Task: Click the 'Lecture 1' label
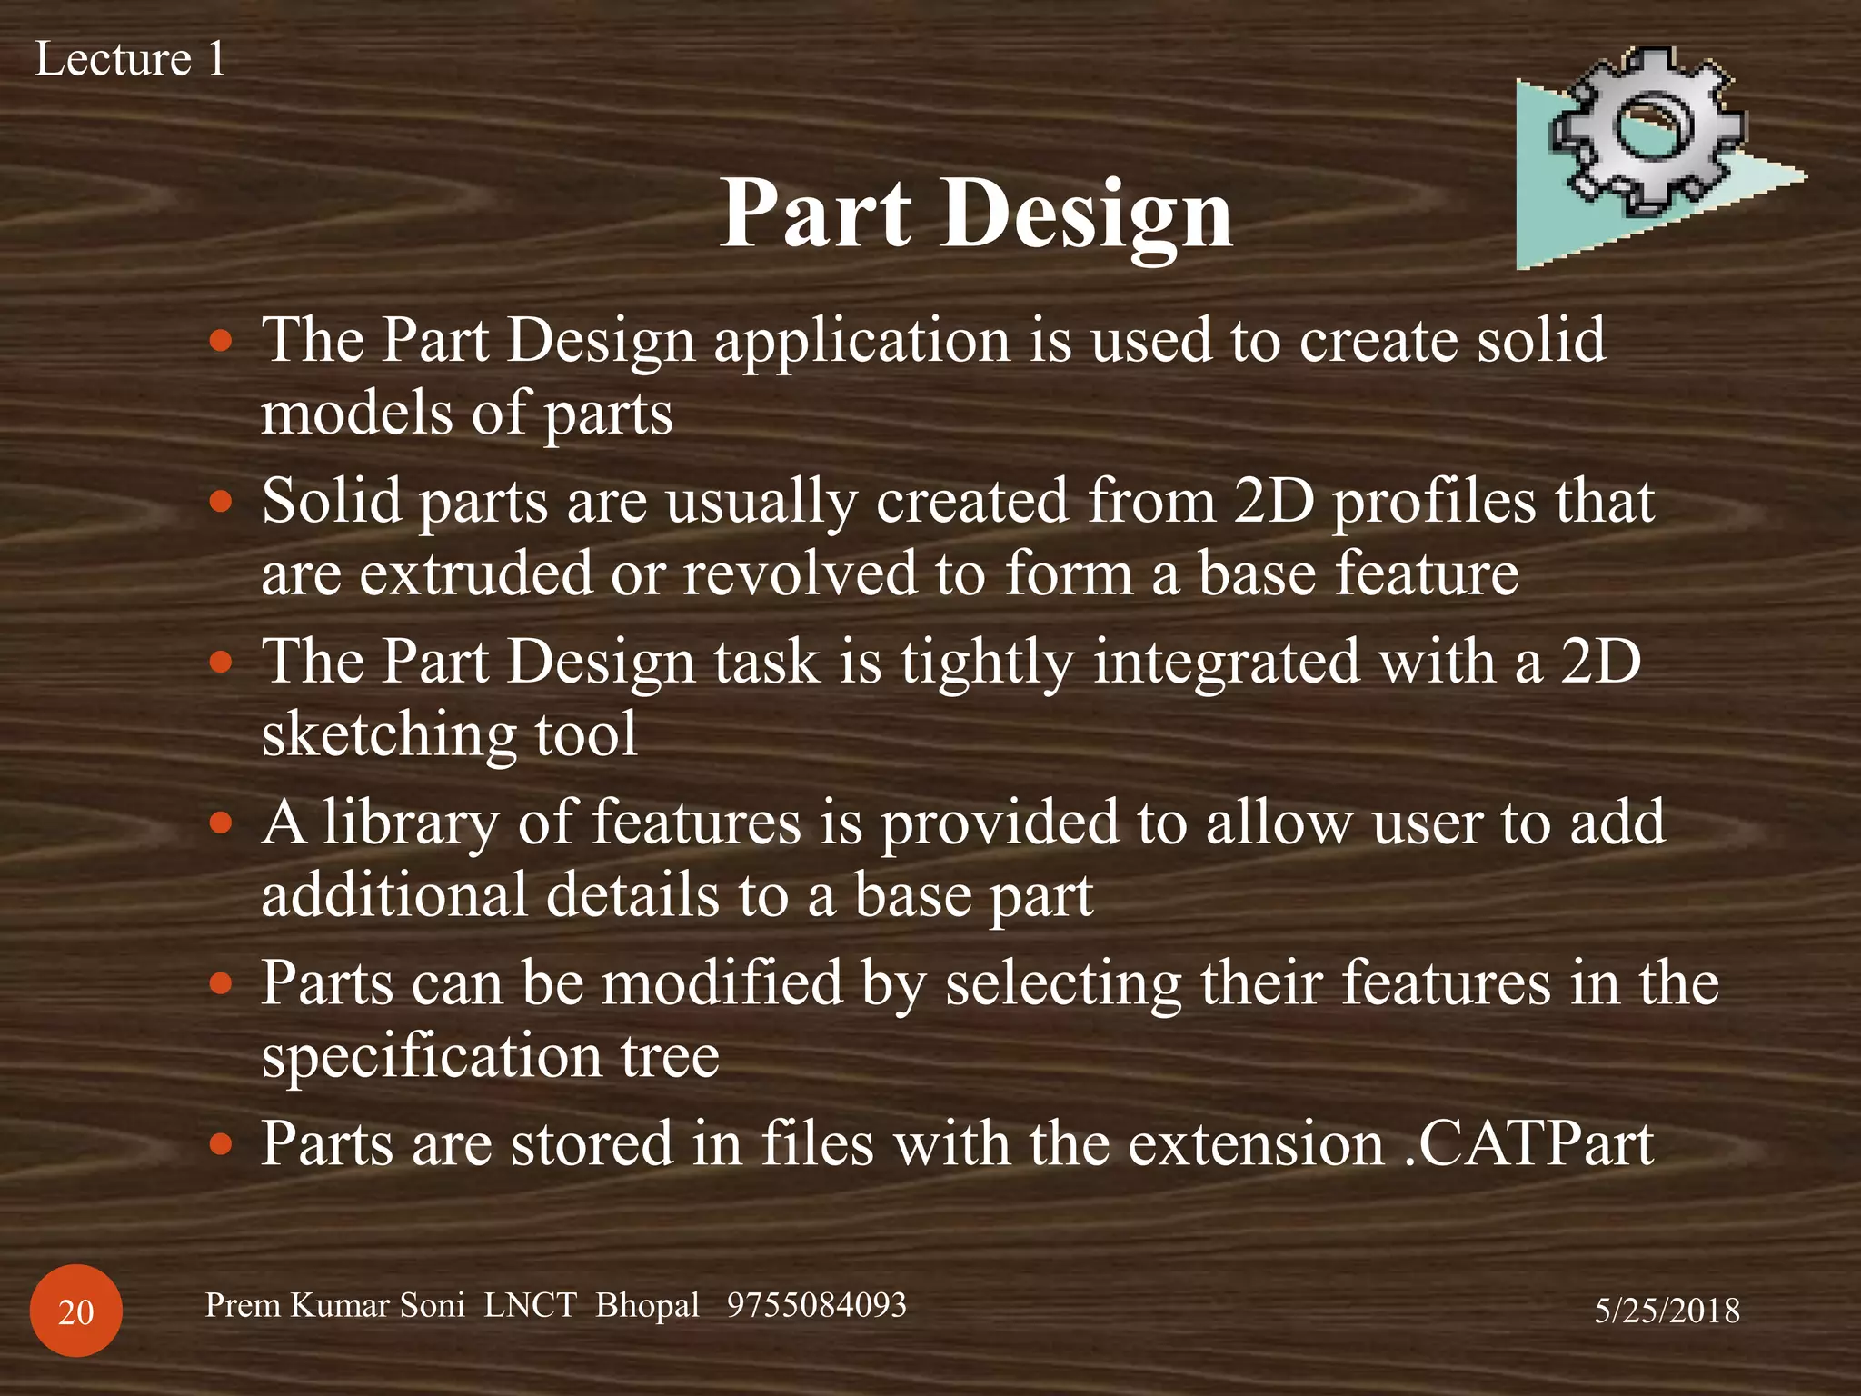coord(130,60)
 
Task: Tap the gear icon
coord(1647,136)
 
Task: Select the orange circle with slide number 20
coord(76,1311)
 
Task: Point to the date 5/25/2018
coord(1667,1311)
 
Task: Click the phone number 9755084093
coord(816,1305)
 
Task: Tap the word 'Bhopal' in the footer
coord(647,1305)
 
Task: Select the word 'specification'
coord(431,1058)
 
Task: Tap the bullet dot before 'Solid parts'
coord(221,502)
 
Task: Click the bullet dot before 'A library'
coord(221,823)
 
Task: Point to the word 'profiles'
coord(1433,504)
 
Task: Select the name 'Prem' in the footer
coord(243,1305)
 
